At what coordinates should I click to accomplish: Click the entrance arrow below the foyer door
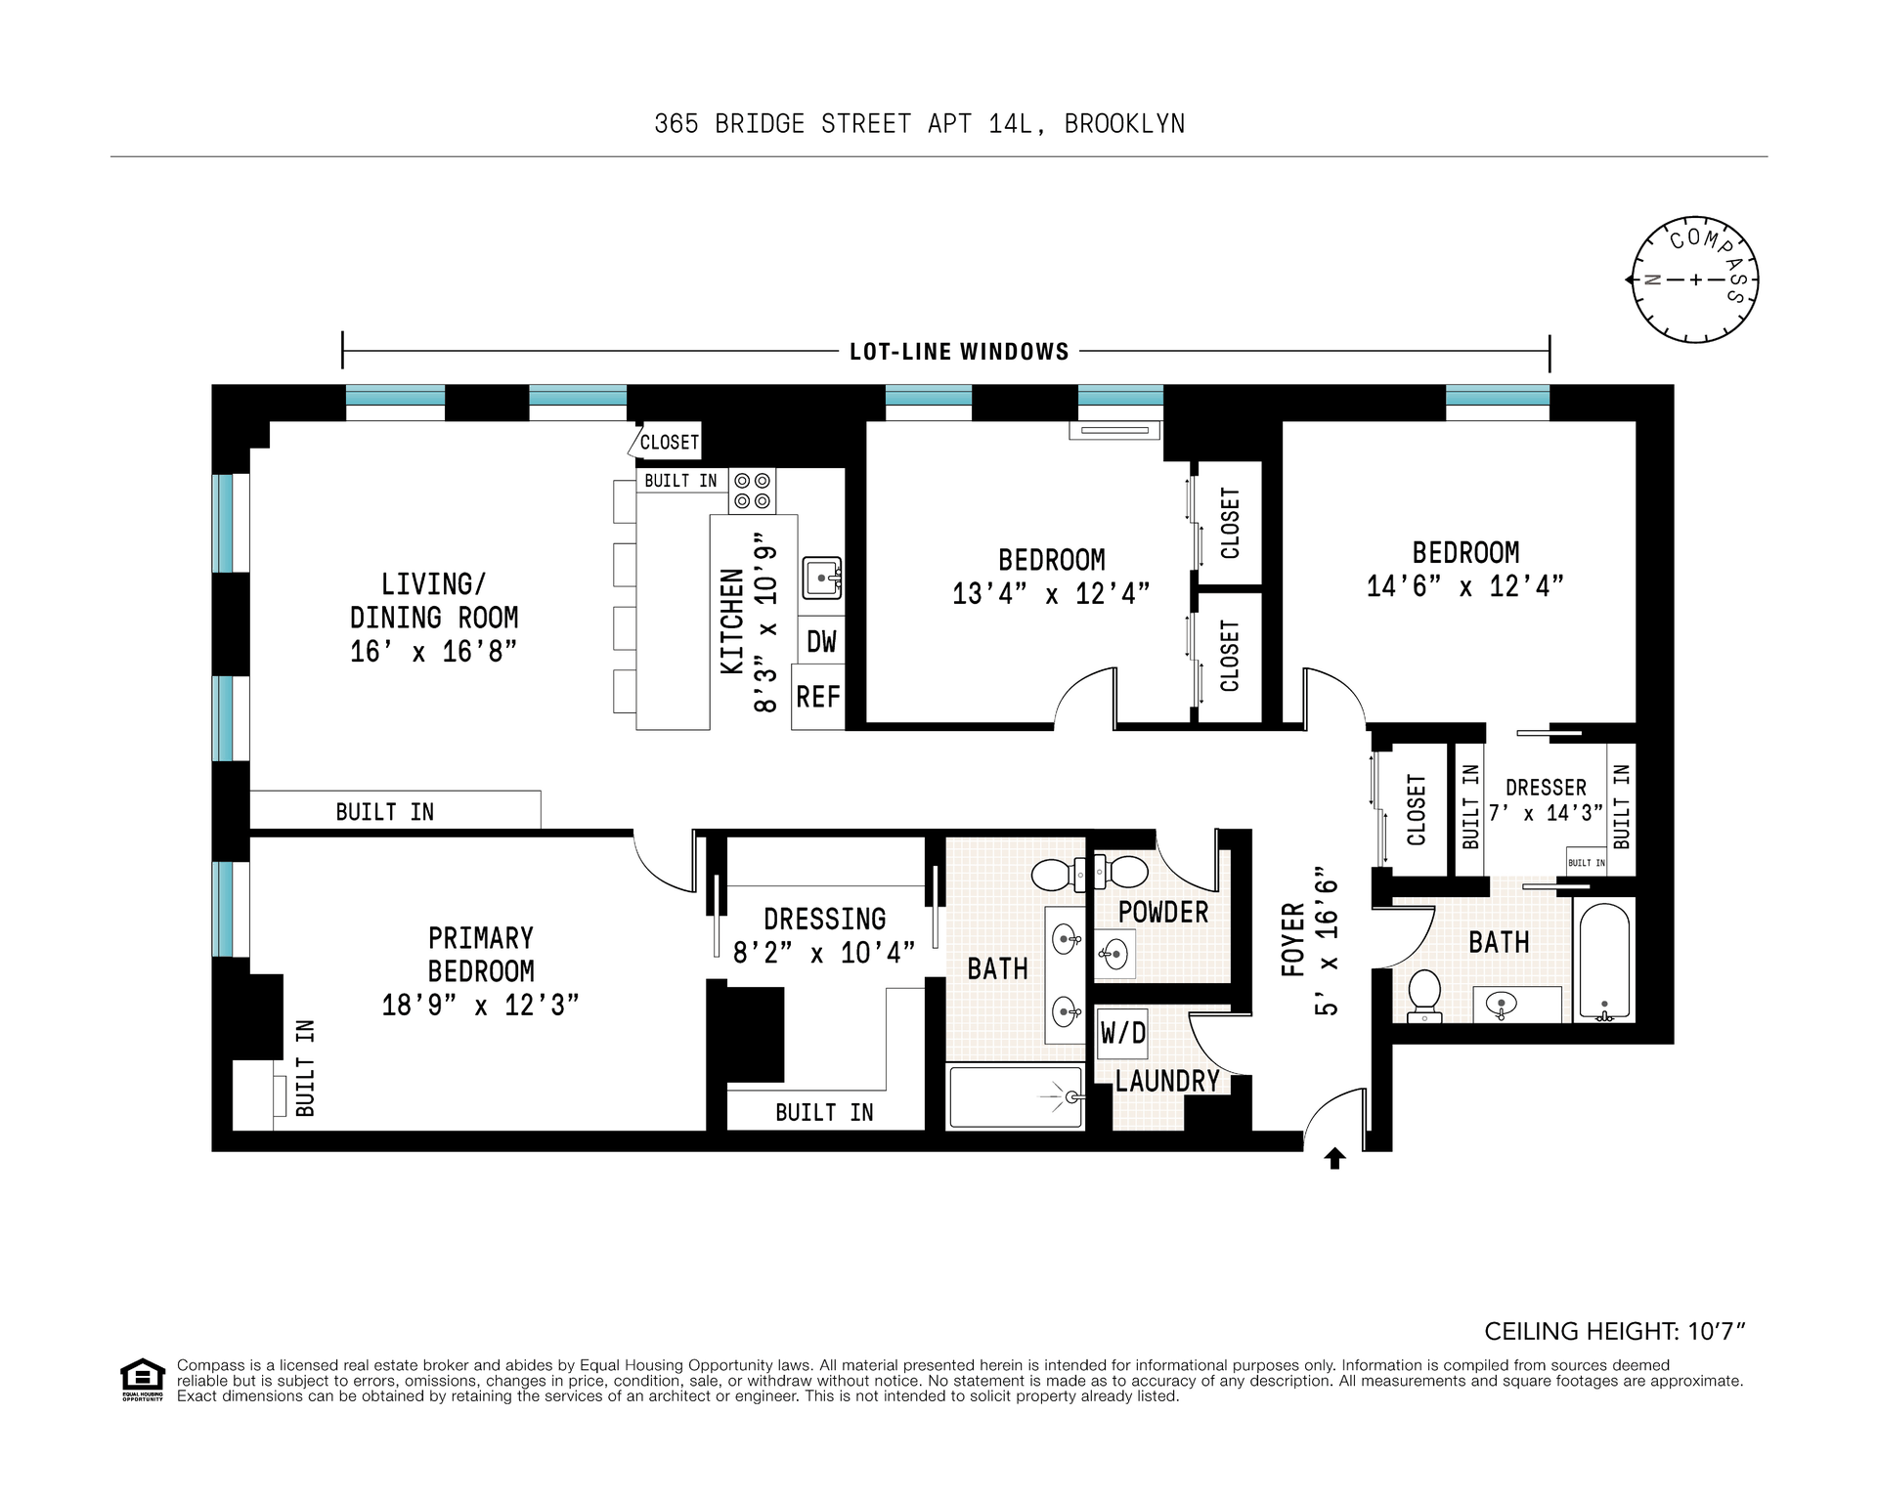[x=1334, y=1158]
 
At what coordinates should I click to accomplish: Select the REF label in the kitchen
[x=818, y=697]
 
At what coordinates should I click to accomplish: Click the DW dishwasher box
[x=821, y=641]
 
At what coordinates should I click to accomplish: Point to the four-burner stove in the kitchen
[x=752, y=491]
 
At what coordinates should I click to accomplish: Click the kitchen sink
[x=822, y=579]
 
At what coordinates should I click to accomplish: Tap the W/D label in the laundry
[x=1122, y=1032]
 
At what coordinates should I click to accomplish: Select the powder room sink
[x=1114, y=952]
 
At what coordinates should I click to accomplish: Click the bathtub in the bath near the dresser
[x=1604, y=962]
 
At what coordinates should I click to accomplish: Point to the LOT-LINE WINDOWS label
[x=959, y=352]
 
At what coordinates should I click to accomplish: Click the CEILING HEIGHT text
[x=1615, y=1331]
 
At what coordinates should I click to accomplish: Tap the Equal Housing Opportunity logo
[x=143, y=1380]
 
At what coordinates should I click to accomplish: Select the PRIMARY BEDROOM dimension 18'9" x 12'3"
[x=480, y=1005]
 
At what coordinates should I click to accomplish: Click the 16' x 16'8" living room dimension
[x=433, y=651]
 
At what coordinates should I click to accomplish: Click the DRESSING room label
[x=825, y=920]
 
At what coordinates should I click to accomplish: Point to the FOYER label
[x=1293, y=940]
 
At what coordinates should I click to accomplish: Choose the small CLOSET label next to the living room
[x=670, y=443]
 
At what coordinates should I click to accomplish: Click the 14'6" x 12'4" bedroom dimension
[x=1465, y=585]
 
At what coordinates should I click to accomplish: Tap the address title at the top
[x=920, y=124]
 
